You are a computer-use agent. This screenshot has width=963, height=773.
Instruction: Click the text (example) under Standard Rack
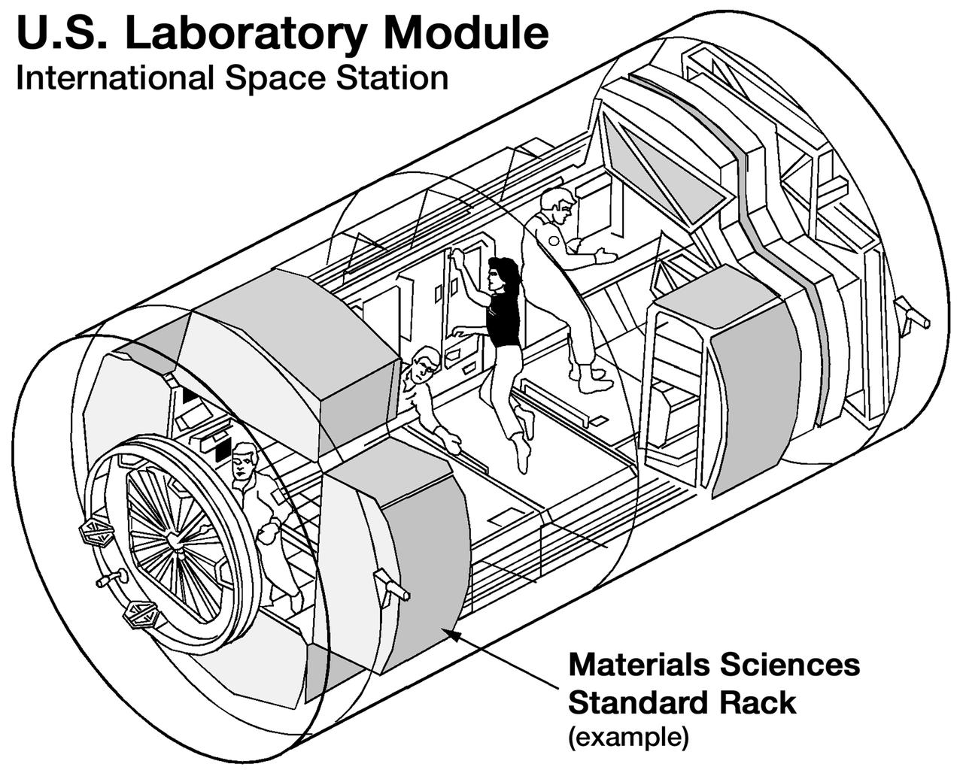point(627,737)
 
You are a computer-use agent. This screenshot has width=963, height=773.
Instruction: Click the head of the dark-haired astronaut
point(501,274)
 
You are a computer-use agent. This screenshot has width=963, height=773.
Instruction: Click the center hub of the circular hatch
point(175,540)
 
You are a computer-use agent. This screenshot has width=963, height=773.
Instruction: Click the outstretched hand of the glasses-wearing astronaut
point(453,444)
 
